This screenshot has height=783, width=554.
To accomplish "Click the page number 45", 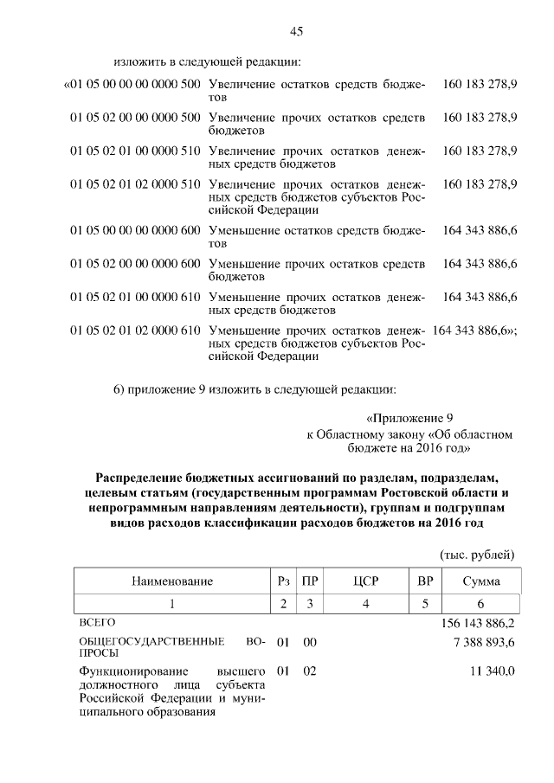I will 296,31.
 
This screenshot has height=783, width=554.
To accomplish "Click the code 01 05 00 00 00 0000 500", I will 132,86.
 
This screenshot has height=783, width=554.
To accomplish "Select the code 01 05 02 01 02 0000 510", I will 136,184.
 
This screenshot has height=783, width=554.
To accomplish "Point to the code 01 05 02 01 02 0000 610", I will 136,330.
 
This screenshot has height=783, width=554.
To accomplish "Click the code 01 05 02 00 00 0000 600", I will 136,263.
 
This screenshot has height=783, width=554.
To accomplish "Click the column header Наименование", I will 171,581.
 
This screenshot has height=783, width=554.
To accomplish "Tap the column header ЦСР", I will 367,581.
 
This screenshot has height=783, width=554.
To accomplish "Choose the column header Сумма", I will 480,581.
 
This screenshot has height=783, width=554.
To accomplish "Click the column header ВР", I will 424,581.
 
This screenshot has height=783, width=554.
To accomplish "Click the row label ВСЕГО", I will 96,622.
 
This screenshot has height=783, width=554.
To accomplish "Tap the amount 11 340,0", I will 493,671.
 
